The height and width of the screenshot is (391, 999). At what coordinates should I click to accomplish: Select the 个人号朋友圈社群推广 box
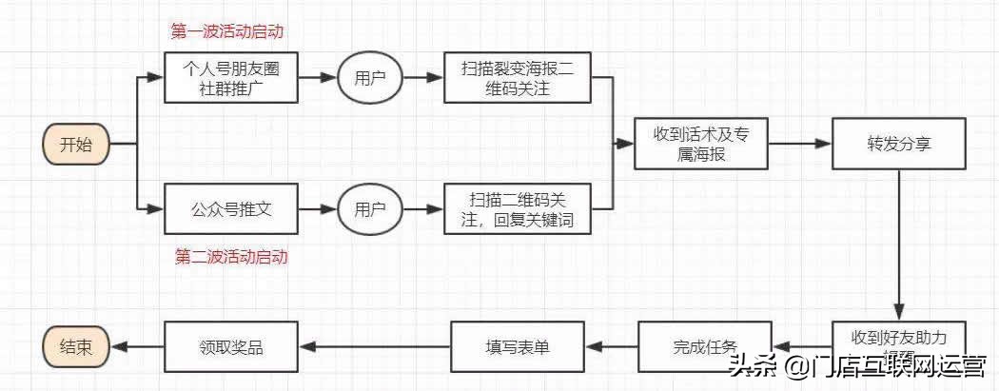[231, 77]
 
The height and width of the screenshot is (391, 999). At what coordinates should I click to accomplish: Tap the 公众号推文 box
[231, 209]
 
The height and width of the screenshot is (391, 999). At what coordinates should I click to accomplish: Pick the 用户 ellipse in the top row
[370, 77]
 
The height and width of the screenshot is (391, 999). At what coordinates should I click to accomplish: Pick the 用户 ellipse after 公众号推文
[370, 209]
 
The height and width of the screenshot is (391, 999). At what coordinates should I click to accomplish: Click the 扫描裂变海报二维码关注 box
[517, 77]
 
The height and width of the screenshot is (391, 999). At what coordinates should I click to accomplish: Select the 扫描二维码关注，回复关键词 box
[517, 209]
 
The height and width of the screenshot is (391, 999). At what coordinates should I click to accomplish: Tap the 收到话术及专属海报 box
[701, 144]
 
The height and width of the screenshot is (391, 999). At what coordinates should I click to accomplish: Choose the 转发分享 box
[898, 144]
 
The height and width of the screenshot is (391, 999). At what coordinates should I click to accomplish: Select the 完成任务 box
[701, 346]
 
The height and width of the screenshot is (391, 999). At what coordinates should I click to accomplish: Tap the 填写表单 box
[517, 346]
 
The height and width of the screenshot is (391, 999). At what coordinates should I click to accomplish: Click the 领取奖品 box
[231, 346]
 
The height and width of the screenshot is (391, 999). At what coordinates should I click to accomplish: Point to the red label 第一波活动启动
[227, 31]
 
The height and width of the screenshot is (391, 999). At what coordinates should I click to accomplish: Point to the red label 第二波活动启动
[231, 257]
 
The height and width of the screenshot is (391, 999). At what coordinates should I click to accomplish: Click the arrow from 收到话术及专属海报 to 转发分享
[799, 144]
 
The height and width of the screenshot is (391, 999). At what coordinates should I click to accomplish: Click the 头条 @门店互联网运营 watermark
[856, 367]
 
